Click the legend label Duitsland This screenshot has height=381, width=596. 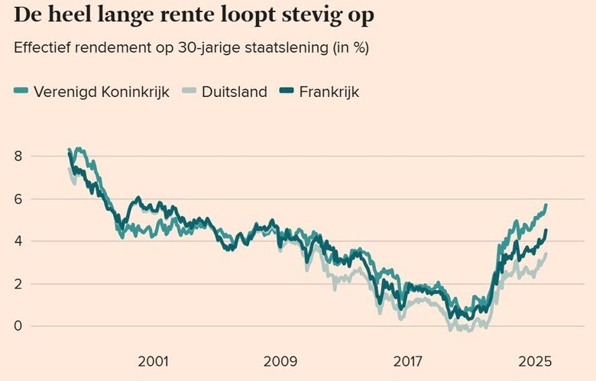[235, 92]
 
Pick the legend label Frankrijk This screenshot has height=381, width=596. [329, 92]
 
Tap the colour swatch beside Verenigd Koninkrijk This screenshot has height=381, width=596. [21, 92]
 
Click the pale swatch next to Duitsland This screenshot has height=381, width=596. [189, 92]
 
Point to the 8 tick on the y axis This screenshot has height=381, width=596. [19, 157]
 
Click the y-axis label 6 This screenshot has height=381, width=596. [19, 199]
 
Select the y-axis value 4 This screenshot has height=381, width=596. [19, 241]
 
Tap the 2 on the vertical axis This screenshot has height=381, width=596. [19, 284]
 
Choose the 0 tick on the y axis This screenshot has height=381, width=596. [19, 327]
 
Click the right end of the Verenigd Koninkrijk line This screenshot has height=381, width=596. [546, 205]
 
